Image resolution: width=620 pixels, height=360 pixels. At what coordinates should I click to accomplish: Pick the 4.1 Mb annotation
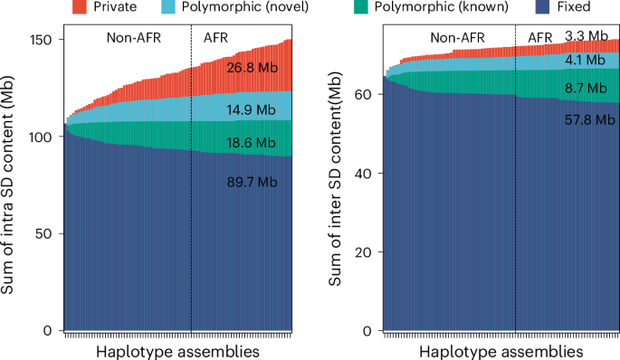click(585, 61)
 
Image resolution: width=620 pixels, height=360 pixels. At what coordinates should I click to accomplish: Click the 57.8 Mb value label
click(585, 118)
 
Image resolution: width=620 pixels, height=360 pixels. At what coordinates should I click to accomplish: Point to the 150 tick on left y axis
click(43, 39)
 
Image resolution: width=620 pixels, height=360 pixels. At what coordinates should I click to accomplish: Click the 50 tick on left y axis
click(47, 233)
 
